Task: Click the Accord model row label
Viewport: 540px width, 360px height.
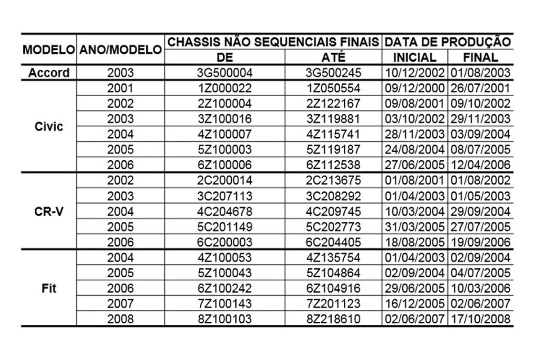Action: (49, 73)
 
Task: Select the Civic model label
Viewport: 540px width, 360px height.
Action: (49, 126)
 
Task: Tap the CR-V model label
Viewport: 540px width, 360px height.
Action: (49, 211)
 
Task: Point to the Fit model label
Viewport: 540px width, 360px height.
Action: (49, 288)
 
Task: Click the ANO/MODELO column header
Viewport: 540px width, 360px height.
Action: (120, 49)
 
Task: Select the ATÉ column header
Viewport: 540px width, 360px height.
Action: (333, 57)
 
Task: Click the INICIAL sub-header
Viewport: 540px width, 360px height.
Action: (414, 57)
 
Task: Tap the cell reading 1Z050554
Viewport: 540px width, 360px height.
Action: (333, 88)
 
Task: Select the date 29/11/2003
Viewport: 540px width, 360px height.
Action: (480, 119)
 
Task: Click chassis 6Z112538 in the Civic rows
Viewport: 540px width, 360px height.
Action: (333, 165)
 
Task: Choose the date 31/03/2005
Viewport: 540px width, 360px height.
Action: (414, 227)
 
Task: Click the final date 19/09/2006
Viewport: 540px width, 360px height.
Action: (480, 242)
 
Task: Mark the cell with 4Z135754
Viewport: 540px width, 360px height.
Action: (333, 258)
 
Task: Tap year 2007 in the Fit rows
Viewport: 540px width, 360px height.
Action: (120, 304)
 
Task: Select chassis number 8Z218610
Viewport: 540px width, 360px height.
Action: (333, 319)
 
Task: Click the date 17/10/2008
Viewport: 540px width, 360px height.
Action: (480, 319)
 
